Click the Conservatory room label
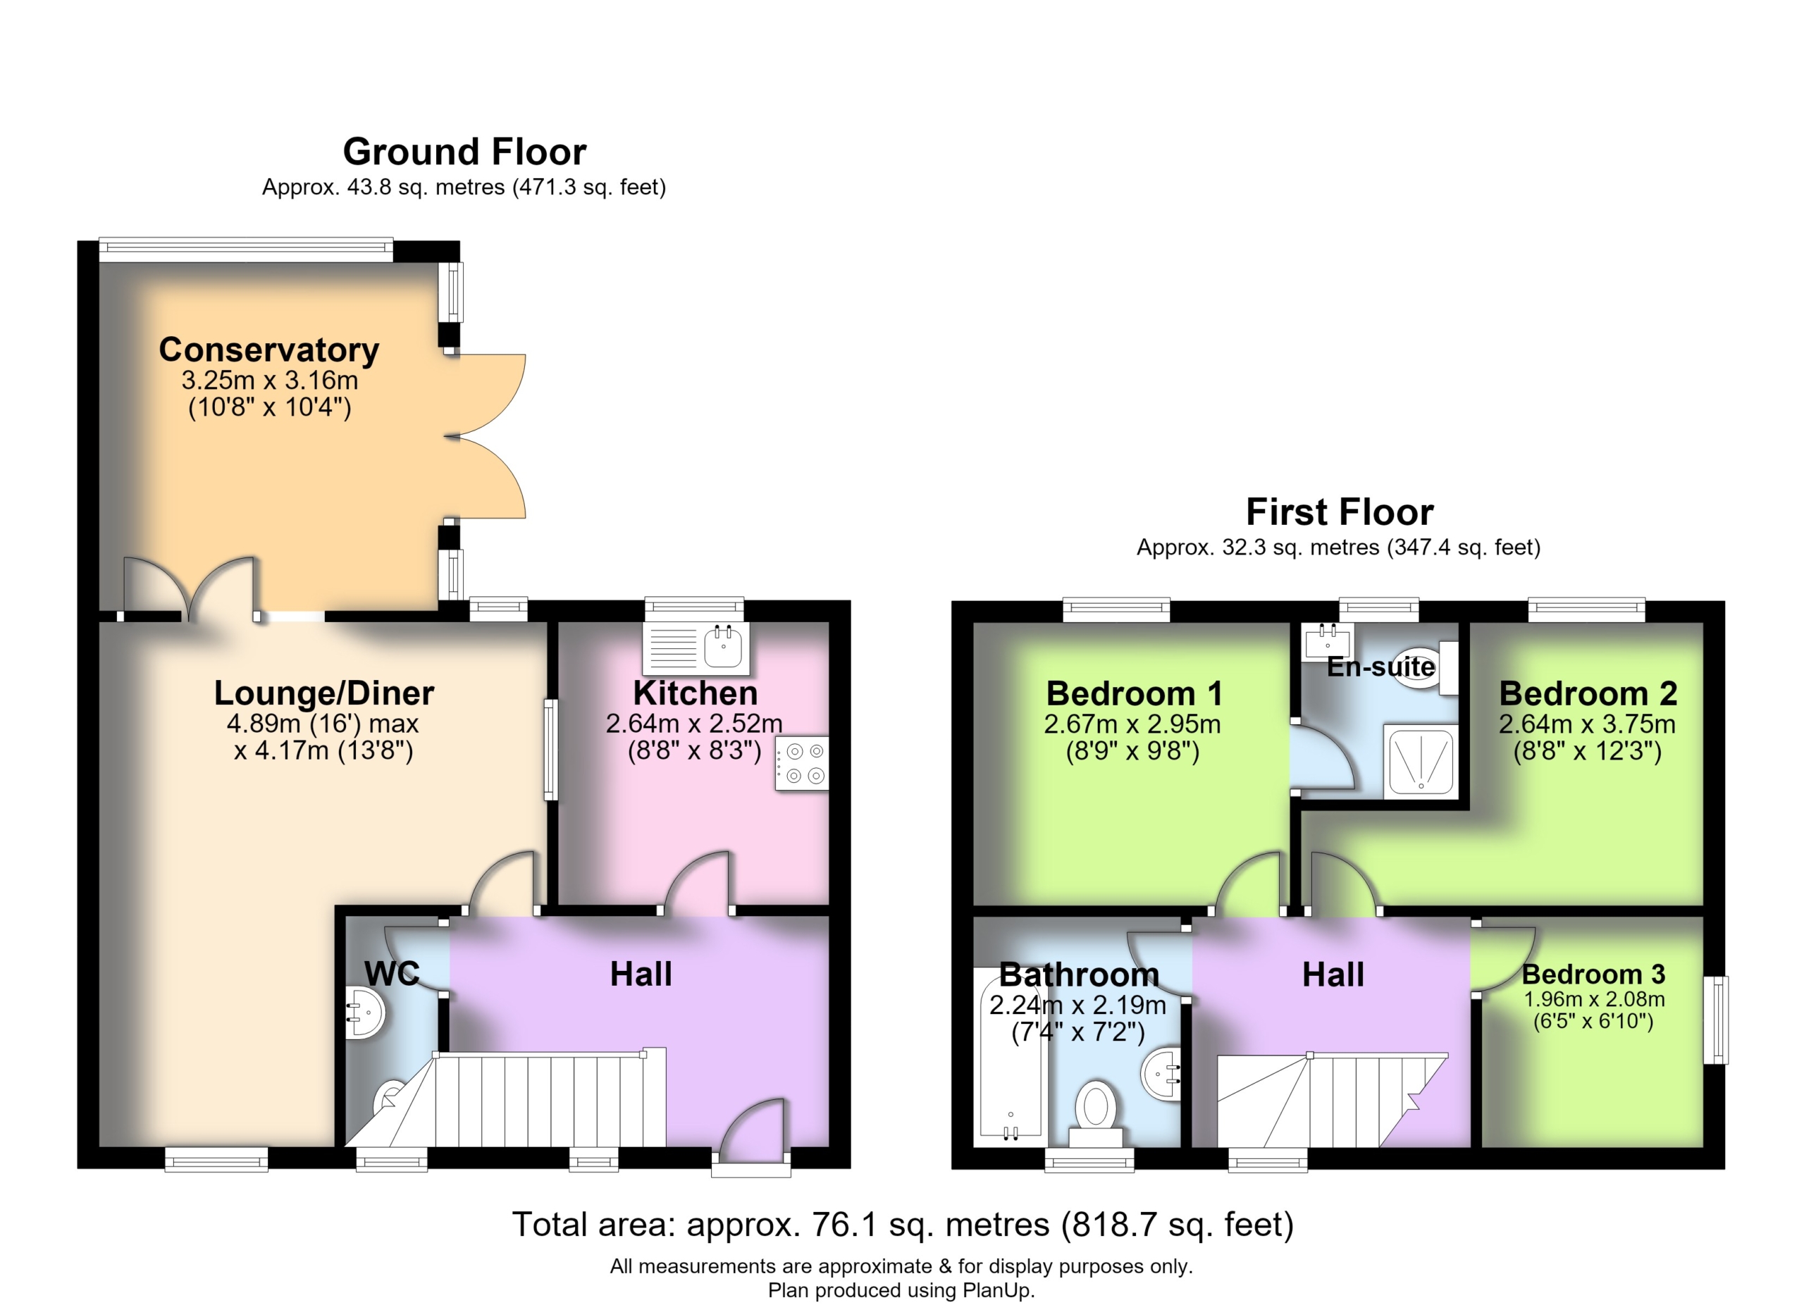point(269,350)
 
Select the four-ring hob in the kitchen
point(802,763)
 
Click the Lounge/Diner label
point(323,693)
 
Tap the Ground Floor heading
point(464,151)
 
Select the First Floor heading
point(1340,512)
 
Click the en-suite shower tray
point(1421,762)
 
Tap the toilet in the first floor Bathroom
point(1095,1113)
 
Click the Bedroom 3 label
point(1593,974)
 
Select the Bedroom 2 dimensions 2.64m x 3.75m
point(1588,724)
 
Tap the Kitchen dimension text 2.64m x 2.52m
point(694,724)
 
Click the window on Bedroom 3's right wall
point(1719,1020)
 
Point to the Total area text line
point(902,1225)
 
